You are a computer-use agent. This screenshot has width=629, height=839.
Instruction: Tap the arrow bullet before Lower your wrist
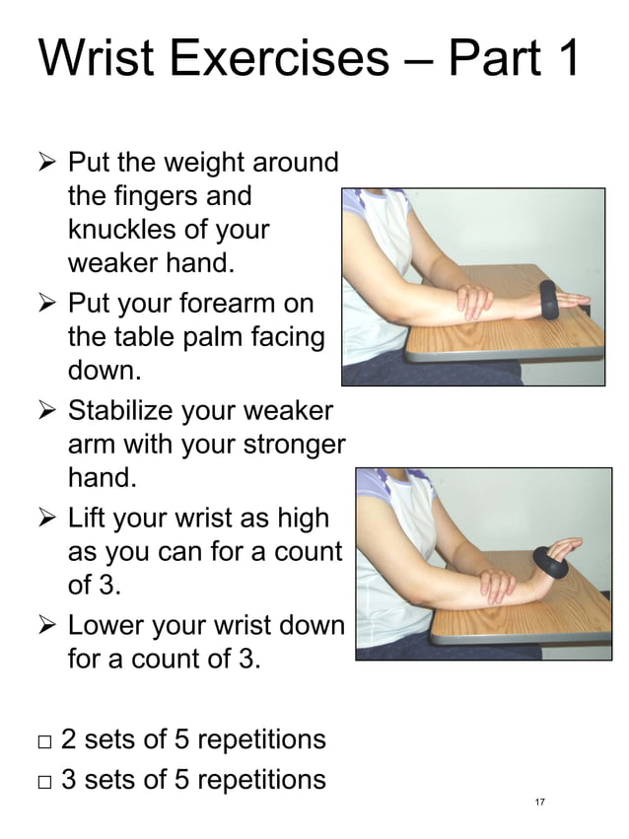[x=45, y=625]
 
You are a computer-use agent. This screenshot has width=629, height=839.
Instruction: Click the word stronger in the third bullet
[x=291, y=444]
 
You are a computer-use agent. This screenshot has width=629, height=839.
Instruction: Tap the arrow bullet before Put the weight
[x=45, y=162]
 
